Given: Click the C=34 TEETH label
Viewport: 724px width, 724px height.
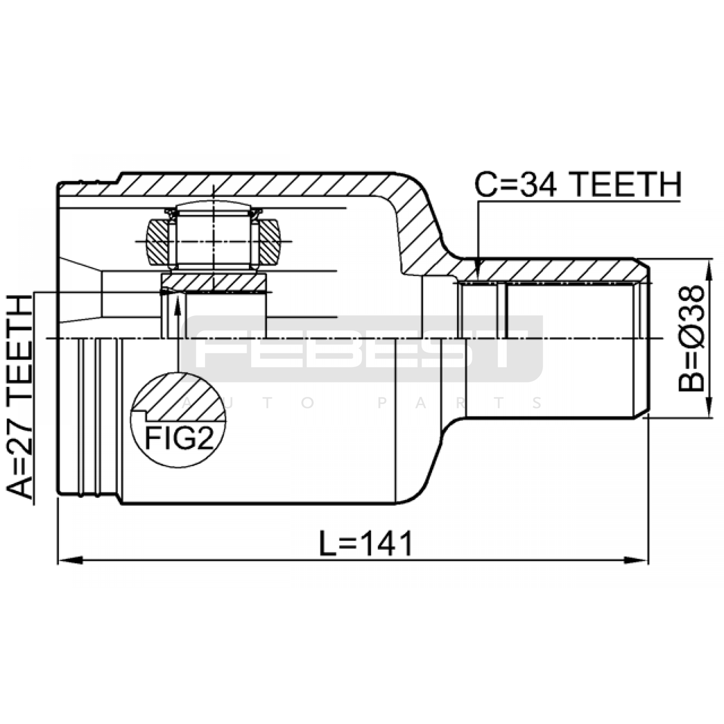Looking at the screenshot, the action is [x=578, y=185].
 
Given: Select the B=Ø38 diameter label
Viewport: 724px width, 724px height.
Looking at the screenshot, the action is [x=692, y=338].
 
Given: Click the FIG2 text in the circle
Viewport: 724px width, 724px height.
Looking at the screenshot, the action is [x=179, y=438].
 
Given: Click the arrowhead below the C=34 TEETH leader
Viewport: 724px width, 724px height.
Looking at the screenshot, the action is [x=478, y=269].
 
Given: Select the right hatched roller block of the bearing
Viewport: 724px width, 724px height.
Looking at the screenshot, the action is [x=270, y=242].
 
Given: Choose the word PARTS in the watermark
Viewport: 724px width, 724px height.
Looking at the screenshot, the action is [x=460, y=402].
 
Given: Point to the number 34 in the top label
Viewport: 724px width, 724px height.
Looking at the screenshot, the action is [x=538, y=185].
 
